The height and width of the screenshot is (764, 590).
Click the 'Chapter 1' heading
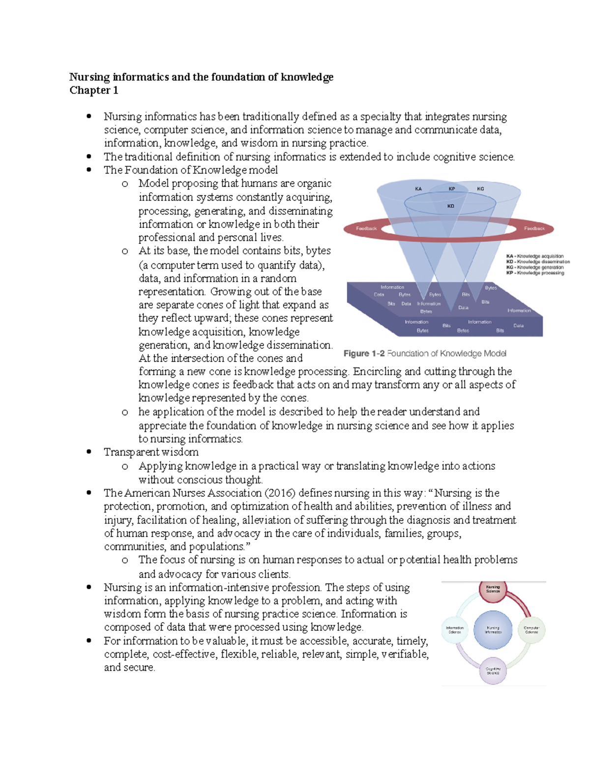pos(93,90)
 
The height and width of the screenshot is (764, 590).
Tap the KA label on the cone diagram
pos(418,188)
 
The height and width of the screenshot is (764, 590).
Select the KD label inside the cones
pos(450,206)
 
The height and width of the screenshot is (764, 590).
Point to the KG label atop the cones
pos(480,188)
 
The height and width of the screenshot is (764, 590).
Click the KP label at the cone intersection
pos(451,188)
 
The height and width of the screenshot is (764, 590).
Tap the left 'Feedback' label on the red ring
pos(366,228)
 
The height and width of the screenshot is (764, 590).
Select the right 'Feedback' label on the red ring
pos(534,228)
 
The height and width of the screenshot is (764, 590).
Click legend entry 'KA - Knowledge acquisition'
pos(535,256)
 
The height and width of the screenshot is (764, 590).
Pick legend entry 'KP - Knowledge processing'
pos(535,273)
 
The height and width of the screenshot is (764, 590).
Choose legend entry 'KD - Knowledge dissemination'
pos(538,262)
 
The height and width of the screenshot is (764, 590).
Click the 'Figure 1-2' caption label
pos(364,353)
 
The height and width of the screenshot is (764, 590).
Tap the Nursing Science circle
pos(493,589)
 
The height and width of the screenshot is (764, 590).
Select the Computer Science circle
pos(531,630)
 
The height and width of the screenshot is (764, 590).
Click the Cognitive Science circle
pos(493,671)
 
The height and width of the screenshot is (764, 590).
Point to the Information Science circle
pos(454,630)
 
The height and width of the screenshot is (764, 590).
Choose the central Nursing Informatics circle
pos(493,630)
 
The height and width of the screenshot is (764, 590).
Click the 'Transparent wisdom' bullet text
pos(151,452)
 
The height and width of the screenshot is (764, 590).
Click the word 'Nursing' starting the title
pos(89,77)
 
